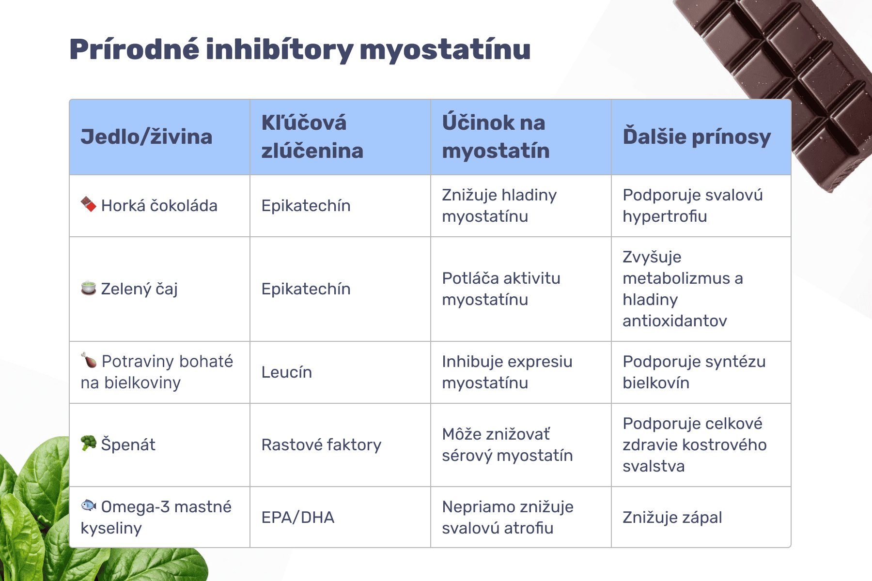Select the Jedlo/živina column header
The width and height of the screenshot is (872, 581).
click(x=146, y=137)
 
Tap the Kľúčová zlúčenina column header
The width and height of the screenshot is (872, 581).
click(x=312, y=137)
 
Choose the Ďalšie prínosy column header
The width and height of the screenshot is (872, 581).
click(x=697, y=137)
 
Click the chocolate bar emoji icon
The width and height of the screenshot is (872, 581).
click(x=88, y=204)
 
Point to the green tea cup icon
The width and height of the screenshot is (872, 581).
click(x=88, y=288)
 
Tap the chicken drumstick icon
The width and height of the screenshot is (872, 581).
click(x=89, y=360)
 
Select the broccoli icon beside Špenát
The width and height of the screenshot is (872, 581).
click(x=88, y=443)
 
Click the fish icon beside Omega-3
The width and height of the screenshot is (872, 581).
click(x=88, y=505)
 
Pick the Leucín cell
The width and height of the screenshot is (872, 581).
click(x=287, y=372)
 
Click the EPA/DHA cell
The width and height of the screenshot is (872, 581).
click(x=298, y=518)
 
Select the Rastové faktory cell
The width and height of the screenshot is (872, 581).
click(x=321, y=445)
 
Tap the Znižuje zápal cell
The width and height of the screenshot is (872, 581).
click(x=672, y=518)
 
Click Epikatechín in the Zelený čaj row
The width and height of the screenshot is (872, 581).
click(x=306, y=289)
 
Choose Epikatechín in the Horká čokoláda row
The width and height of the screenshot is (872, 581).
click(x=306, y=206)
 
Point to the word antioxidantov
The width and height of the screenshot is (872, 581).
click(x=675, y=321)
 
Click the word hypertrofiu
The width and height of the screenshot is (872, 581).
click(x=665, y=216)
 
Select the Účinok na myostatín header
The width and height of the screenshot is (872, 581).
click(x=496, y=137)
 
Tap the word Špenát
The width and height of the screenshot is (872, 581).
click(x=128, y=444)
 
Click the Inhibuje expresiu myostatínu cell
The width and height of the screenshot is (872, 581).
click(x=507, y=372)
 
